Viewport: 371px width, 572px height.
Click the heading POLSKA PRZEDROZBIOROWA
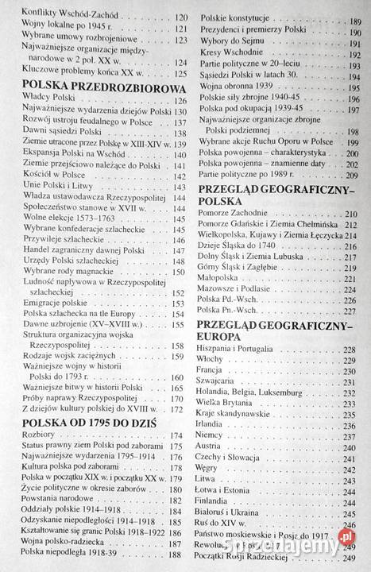tap(98, 87)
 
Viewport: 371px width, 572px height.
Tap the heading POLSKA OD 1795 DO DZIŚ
tap(96, 422)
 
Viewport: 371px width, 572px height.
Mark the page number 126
tap(181, 102)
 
